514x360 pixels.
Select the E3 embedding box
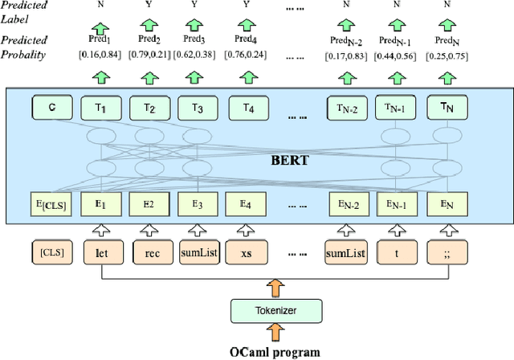[x=197, y=205]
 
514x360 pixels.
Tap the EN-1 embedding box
[x=398, y=205]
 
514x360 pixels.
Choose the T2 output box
[x=150, y=107]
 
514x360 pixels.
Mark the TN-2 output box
[x=347, y=107]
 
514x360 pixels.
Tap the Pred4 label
[x=246, y=39]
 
